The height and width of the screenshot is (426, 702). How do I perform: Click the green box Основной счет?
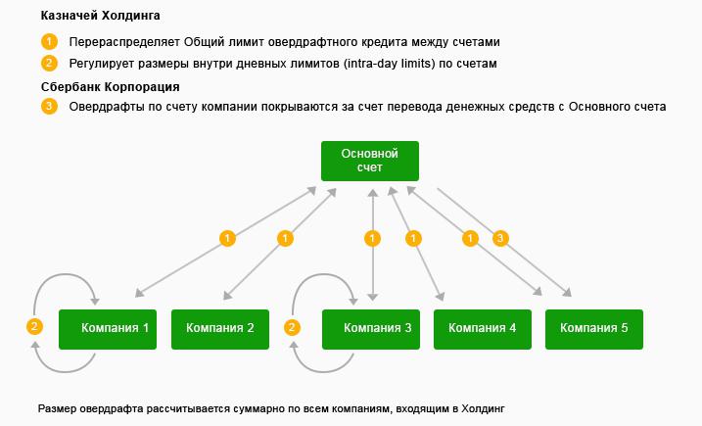370,161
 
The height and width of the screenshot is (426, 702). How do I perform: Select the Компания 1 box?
109,328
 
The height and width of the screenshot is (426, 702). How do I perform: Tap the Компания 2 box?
220,328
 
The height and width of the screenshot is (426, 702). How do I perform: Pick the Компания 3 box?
371,328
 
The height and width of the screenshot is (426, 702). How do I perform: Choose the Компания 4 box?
483,328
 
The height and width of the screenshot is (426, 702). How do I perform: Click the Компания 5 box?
594,328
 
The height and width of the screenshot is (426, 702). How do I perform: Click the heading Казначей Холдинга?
101,17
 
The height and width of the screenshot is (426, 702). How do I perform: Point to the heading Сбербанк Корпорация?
111,87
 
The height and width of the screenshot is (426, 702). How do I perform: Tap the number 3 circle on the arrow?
501,238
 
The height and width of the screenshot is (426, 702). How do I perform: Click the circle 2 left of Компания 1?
35,327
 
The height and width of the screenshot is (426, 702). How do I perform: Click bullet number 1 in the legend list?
49,42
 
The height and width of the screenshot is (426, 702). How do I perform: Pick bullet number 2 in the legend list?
49,64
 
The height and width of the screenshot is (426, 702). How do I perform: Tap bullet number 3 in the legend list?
49,106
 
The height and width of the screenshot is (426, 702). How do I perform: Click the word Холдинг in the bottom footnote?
479,408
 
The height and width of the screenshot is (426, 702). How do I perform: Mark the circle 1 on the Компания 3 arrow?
371,238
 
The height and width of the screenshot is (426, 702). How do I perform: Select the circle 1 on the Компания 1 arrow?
228,238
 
